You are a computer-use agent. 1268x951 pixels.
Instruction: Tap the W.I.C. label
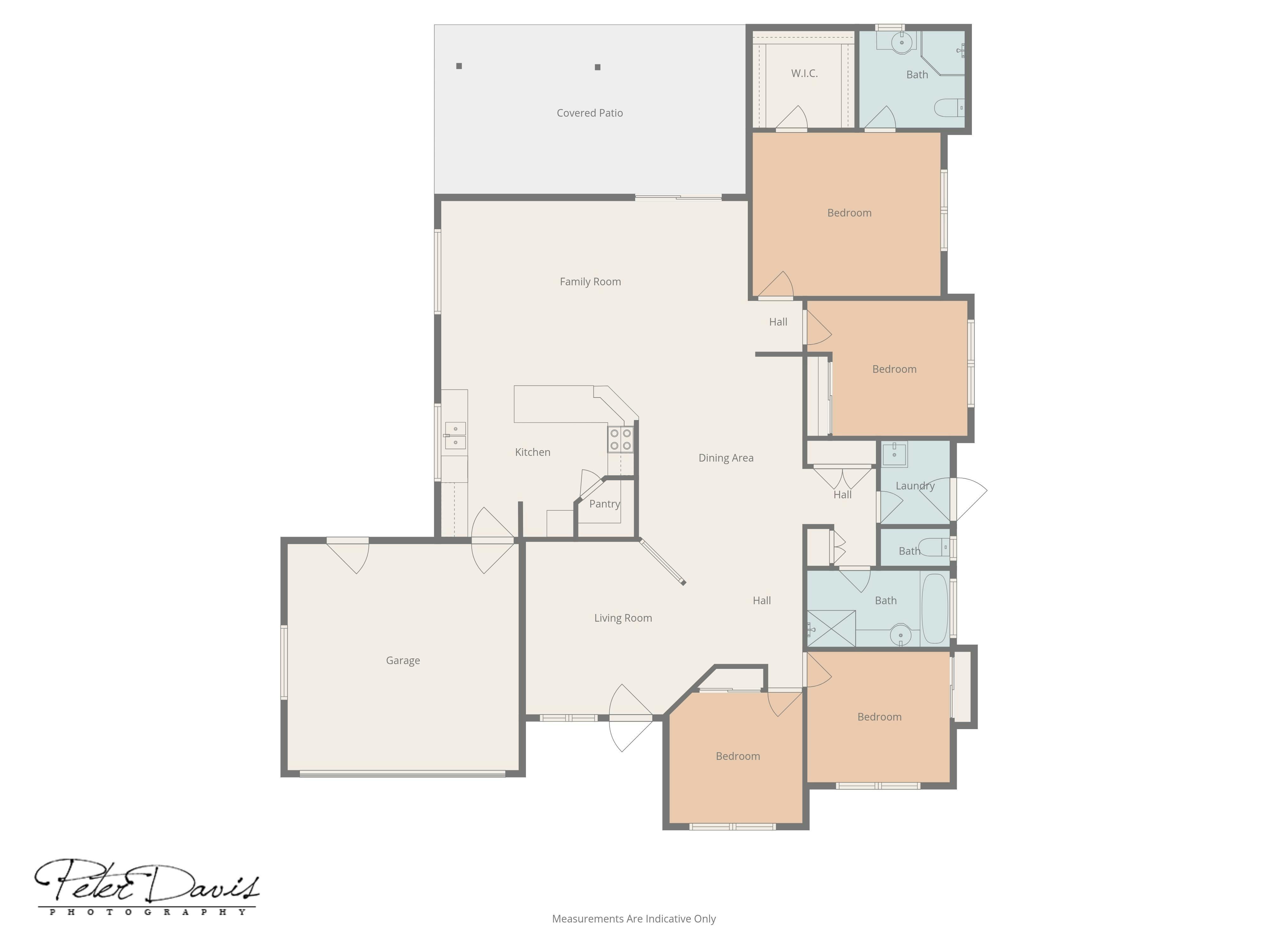point(804,73)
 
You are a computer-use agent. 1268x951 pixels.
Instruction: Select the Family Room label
point(591,281)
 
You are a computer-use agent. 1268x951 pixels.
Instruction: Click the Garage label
point(403,660)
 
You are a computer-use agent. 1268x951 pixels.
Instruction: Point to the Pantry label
point(605,504)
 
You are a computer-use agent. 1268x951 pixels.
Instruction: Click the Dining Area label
point(726,457)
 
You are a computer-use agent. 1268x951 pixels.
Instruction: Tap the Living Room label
point(623,618)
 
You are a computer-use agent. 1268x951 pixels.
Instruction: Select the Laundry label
point(915,486)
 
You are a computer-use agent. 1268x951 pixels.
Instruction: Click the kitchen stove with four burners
point(621,440)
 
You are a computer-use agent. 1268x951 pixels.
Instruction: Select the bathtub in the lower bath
point(935,609)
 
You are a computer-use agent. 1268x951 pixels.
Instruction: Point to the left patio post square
point(459,66)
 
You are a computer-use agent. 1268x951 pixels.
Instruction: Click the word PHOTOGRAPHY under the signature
point(148,912)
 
